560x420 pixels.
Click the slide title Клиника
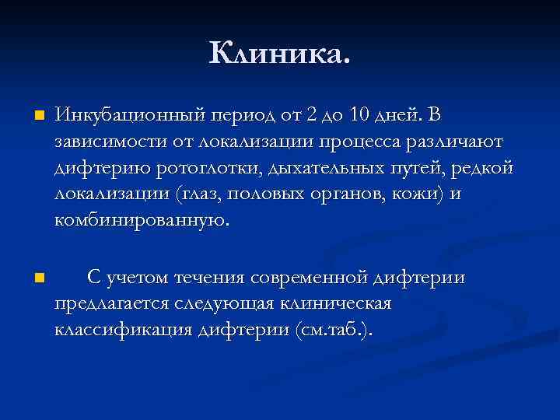[x=280, y=54]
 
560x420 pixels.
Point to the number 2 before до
[x=312, y=116]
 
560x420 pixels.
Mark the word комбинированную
[x=140, y=220]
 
